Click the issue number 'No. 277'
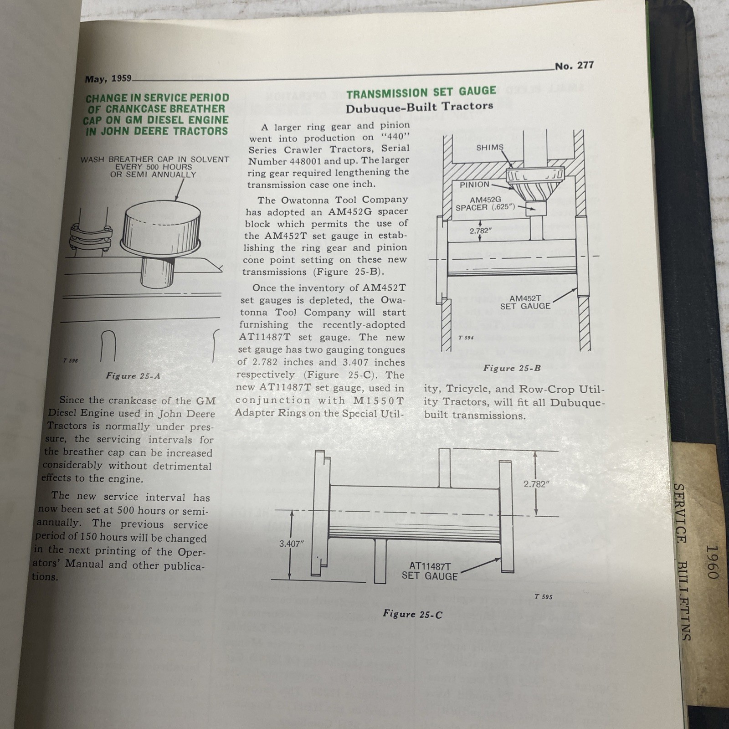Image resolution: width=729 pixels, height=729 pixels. coord(574,66)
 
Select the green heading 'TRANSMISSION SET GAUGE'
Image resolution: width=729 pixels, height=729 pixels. coord(421,92)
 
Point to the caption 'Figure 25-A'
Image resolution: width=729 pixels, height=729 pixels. coord(133,376)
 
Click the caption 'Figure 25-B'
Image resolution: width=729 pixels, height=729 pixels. coord(512,368)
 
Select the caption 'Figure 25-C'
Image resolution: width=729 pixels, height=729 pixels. coord(412,614)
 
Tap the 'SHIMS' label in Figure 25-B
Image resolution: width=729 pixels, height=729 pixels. coord(489,148)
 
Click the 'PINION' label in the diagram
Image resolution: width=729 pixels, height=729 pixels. coord(474,185)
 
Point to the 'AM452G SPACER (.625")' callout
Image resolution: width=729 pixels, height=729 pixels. coord(485,204)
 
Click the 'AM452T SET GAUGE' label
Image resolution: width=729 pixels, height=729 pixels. coord(525,303)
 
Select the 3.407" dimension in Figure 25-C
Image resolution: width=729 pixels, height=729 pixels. coord(291,544)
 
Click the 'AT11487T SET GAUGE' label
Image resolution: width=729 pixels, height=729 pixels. coord(429,571)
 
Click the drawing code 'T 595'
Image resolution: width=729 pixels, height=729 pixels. coord(543,596)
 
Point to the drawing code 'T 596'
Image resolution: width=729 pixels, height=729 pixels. coord(71,360)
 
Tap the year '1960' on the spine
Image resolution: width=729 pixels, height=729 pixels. coord(710,561)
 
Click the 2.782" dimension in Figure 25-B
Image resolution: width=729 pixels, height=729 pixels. coord(481,231)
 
